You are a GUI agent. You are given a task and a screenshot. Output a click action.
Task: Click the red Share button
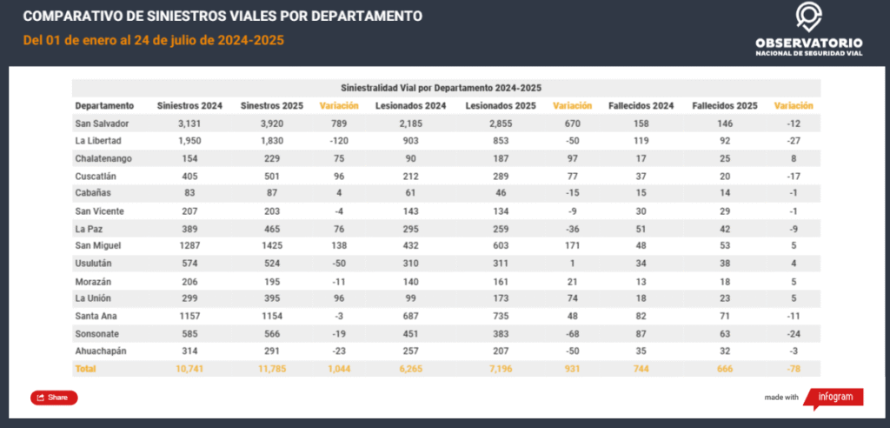click(54, 398)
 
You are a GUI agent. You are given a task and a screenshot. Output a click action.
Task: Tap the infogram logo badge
click(834, 397)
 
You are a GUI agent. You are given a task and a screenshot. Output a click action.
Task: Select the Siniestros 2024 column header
click(189, 105)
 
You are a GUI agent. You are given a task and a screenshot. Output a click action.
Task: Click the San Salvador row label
click(97, 123)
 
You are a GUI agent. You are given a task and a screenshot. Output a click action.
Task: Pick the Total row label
click(85, 369)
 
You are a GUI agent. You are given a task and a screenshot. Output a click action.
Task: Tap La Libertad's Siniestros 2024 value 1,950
click(189, 140)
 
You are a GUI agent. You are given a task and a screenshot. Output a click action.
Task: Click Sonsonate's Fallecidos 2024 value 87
click(641, 334)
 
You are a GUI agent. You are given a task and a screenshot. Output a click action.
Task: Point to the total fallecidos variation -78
click(794, 369)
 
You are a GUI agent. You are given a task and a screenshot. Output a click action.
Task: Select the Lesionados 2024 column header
click(411, 105)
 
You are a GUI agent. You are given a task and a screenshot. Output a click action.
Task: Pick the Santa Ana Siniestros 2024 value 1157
click(189, 317)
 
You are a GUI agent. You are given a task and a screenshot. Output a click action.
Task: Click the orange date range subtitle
click(154, 40)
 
